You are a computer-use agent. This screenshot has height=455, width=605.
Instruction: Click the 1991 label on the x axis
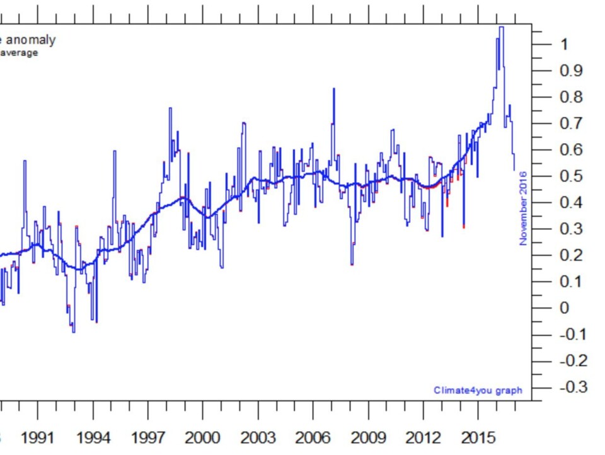38,437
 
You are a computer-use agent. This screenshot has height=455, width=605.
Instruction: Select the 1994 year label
93,437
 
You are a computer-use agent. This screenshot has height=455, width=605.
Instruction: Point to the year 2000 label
202,437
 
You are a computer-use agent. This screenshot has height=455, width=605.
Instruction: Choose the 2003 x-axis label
258,437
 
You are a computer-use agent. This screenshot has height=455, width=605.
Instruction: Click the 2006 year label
313,437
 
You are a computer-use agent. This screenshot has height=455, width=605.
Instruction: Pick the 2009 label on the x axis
367,437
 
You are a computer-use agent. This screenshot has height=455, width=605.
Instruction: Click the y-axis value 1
564,44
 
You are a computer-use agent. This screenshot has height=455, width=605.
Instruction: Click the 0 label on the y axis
564,308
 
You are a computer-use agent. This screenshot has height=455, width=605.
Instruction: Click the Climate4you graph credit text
478,390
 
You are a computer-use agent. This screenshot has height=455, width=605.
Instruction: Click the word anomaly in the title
31,40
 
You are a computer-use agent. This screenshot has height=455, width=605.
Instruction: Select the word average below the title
18,53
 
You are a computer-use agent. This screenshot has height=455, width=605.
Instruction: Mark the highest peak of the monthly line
501,27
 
